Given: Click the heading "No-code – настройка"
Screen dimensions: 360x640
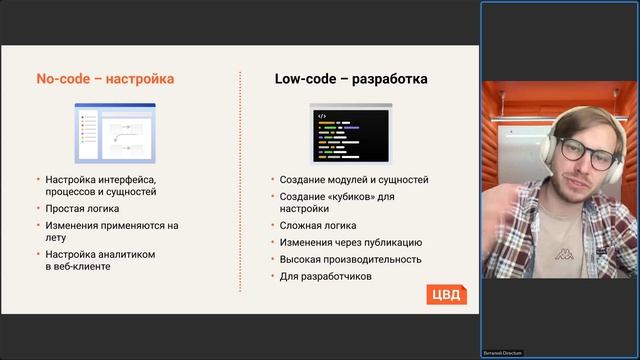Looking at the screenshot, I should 105,78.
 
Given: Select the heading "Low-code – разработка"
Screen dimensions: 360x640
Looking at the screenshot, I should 352,78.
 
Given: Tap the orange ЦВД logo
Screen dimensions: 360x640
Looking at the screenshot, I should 446,293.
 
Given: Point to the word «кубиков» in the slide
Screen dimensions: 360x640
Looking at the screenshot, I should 348,196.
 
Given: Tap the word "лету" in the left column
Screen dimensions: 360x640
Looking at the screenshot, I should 56,238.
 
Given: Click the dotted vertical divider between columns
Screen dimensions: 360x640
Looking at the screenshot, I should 241,180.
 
